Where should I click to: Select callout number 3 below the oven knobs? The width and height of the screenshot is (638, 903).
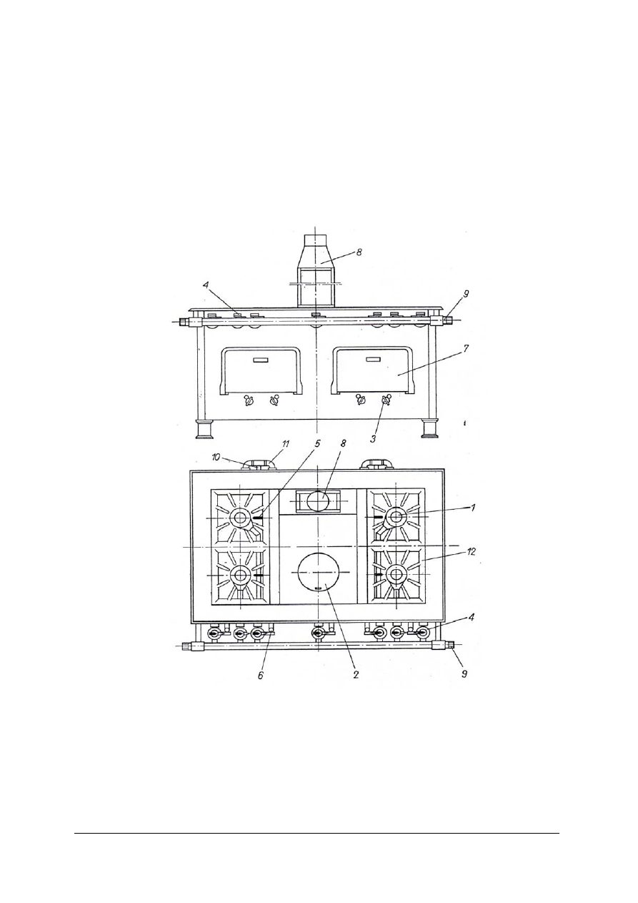[x=373, y=439]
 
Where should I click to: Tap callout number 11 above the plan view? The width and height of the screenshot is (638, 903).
[x=286, y=443]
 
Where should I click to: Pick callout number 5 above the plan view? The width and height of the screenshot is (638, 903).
[x=317, y=443]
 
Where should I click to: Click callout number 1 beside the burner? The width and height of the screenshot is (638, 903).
[x=473, y=508]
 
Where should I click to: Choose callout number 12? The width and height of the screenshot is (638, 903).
[x=472, y=551]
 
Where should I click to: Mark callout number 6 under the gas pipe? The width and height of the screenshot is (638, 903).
[x=261, y=675]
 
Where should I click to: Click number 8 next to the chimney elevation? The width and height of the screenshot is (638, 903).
[x=359, y=252]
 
